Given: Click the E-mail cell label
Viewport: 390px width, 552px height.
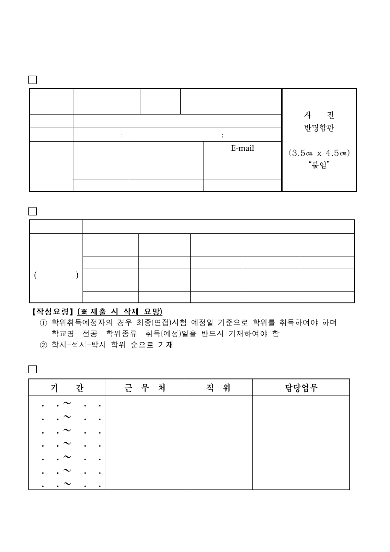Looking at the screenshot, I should [242, 148].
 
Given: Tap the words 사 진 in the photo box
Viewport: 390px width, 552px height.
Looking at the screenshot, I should [319, 116].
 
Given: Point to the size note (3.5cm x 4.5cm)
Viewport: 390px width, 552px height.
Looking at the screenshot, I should [319, 153].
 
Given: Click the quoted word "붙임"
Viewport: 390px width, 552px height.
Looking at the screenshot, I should [319, 166].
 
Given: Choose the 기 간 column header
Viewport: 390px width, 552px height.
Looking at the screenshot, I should [67, 388].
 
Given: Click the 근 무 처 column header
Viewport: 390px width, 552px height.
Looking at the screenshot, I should [145, 388].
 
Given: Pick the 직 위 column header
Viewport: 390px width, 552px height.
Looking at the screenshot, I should [218, 388].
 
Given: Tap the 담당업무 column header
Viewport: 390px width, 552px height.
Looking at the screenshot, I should [301, 388].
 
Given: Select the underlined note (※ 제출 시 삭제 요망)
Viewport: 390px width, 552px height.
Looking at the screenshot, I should [120, 312].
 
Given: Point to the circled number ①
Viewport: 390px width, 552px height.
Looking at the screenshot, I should [43, 323].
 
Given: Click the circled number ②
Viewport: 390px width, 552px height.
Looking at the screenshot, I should [43, 345].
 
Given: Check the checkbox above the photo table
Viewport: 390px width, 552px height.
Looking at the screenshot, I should [33, 80].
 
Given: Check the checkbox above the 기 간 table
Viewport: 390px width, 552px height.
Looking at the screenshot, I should [33, 369].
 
